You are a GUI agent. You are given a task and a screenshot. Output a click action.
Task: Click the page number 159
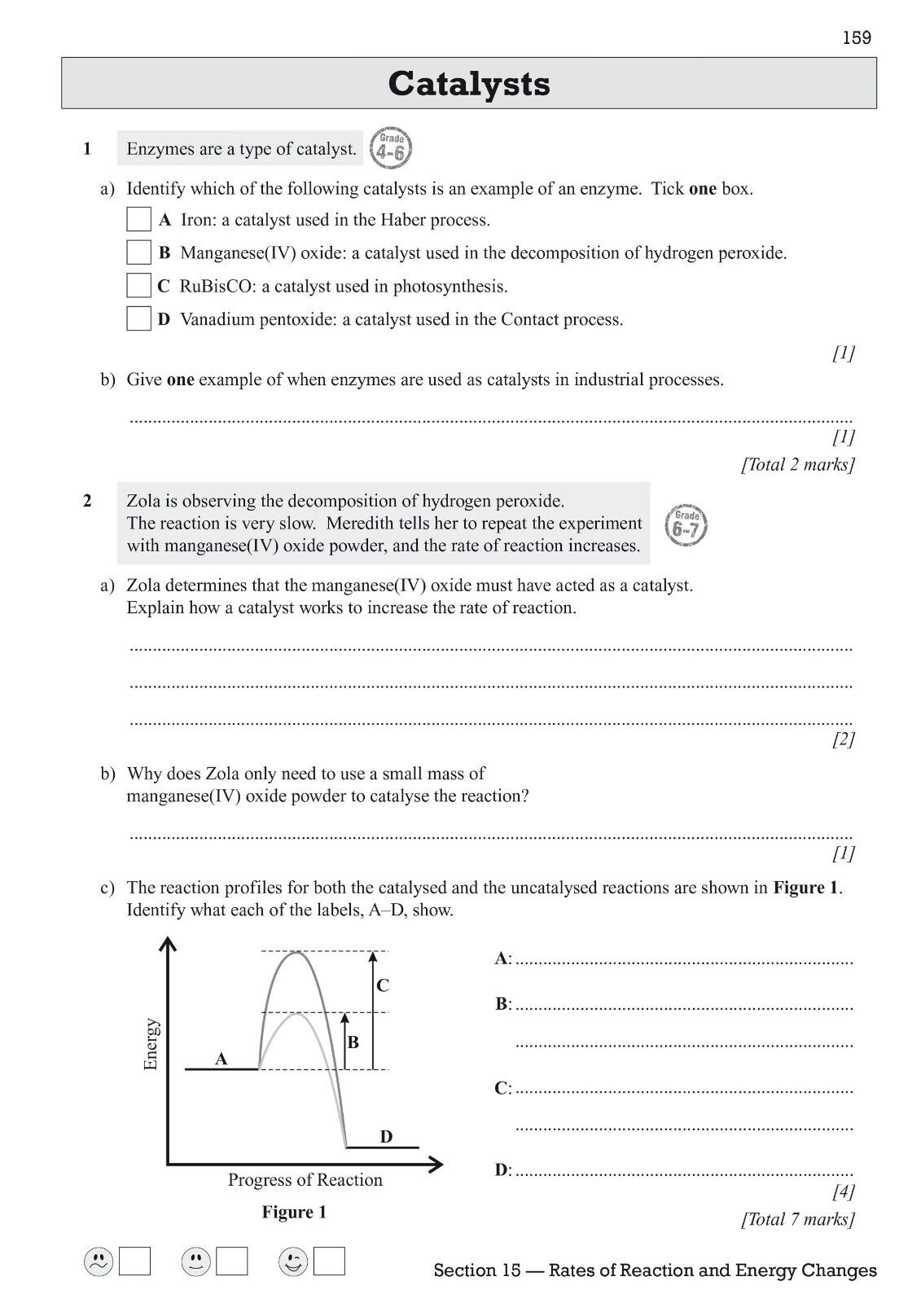point(857,37)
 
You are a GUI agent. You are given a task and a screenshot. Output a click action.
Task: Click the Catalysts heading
point(469,83)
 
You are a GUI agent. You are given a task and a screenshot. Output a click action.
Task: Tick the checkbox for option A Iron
point(139,220)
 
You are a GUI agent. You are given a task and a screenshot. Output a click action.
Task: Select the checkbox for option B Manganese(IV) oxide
point(139,252)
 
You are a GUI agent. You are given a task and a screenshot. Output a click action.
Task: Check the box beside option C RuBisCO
point(139,286)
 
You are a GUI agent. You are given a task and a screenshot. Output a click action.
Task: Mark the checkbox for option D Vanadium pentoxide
point(139,319)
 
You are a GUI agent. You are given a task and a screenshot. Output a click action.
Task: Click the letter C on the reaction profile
point(383,986)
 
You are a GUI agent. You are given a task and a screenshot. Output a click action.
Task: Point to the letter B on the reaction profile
point(353,1042)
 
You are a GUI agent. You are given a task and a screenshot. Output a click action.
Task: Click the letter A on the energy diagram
point(221,1060)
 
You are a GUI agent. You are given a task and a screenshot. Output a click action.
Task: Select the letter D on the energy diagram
point(386,1137)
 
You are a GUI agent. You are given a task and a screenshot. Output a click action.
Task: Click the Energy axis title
point(151,1044)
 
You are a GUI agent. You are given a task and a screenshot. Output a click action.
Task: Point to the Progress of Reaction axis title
point(305,1180)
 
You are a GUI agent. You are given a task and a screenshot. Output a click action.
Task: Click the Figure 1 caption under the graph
point(294,1213)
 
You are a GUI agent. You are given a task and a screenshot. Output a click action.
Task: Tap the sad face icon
point(99,1261)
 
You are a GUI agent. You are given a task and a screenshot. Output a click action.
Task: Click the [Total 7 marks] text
point(797,1219)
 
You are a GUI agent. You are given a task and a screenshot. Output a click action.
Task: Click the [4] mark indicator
point(843,1193)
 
